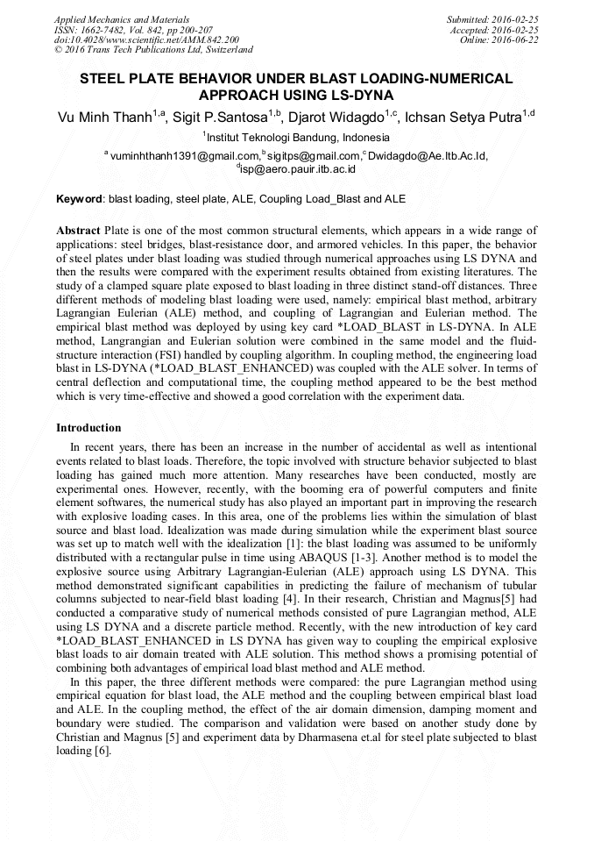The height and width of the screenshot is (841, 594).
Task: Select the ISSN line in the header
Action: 133,30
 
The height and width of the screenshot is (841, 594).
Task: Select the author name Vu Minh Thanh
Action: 103,117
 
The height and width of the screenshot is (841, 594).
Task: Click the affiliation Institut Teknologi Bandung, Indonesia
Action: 298,138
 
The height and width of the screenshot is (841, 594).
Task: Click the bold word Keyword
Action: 79,199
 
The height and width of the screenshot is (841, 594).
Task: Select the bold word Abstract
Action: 78,230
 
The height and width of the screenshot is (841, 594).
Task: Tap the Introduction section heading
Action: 88,428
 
